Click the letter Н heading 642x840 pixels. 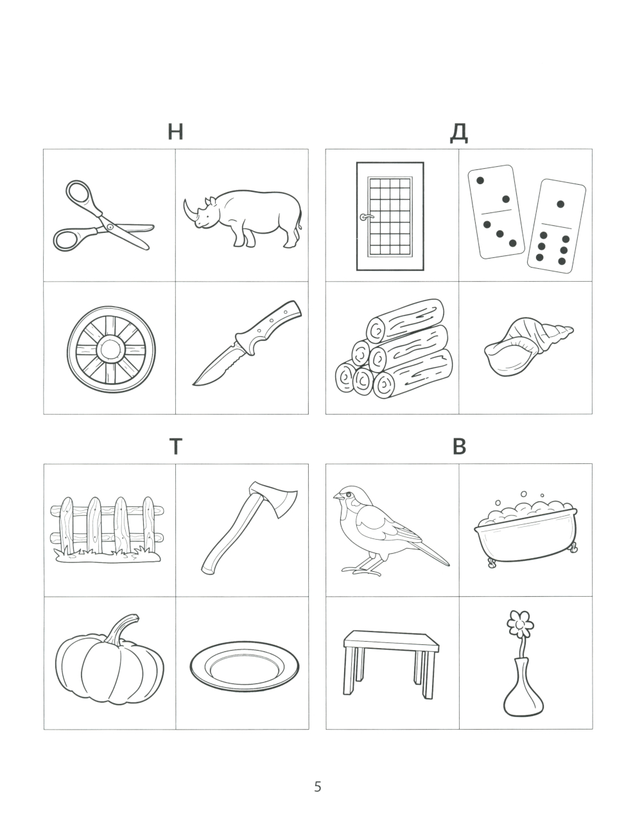(175, 132)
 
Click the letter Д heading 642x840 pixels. (458, 133)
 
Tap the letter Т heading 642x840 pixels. (175, 447)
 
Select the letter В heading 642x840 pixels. (459, 447)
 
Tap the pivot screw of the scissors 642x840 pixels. (110, 227)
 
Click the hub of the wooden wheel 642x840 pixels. (111, 349)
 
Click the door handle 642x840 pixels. (365, 217)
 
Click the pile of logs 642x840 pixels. (394, 348)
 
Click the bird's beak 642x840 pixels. (337, 496)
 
